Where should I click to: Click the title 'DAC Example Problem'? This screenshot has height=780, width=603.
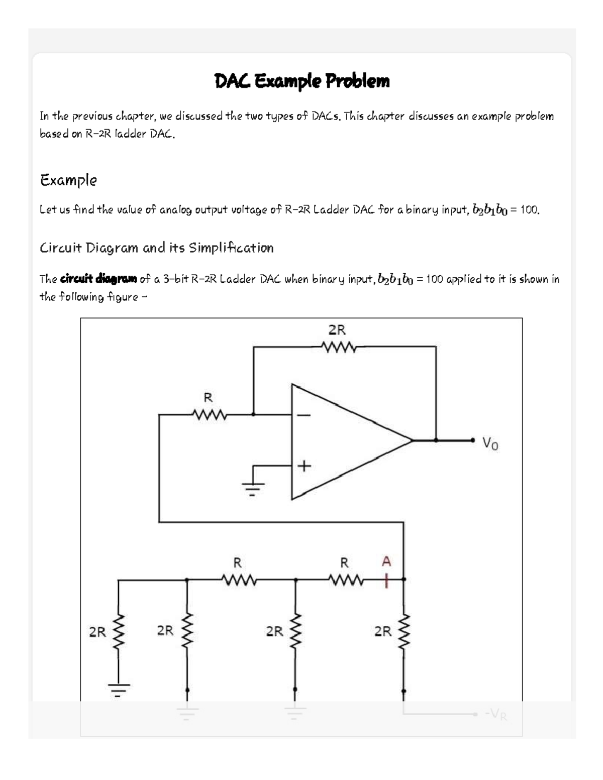tap(301, 81)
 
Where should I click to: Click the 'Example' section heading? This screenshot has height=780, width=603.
tap(68, 180)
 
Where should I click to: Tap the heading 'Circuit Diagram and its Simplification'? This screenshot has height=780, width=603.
tap(156, 248)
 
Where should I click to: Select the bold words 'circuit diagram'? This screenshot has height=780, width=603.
tap(98, 279)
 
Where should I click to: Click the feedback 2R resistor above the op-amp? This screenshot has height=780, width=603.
tap(338, 347)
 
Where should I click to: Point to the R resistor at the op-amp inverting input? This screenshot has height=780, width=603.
tap(209, 414)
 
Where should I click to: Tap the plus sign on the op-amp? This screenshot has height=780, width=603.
tap(304, 467)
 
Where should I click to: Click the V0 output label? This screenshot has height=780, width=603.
tap(490, 443)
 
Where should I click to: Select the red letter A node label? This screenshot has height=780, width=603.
tap(386, 561)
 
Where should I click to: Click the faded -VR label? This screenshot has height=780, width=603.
tap(495, 714)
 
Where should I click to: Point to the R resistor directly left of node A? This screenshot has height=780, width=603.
tap(344, 580)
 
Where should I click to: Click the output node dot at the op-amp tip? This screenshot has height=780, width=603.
tap(436, 440)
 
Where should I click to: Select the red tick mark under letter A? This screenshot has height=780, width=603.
tap(386, 579)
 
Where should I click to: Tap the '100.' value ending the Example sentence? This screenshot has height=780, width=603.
tap(530, 210)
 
